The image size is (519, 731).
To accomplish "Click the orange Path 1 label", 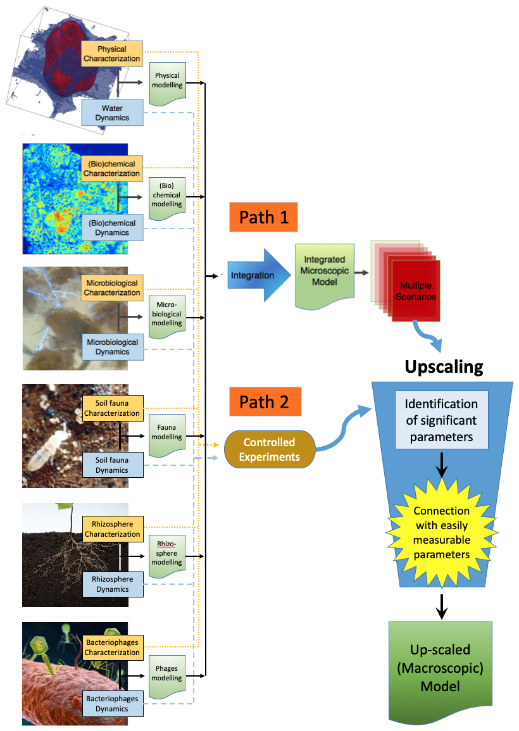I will pyautogui.click(x=264, y=217).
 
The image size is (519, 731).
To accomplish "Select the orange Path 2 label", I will pyautogui.click(x=264, y=402).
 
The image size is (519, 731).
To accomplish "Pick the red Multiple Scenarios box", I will pyautogui.click(x=416, y=291).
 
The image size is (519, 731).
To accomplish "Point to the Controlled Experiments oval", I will pyautogui.click(x=270, y=449).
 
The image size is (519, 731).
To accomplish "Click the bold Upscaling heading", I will pyautogui.click(x=444, y=366).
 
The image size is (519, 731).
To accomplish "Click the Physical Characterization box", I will pyautogui.click(x=112, y=54).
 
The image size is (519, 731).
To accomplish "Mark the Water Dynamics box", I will pyautogui.click(x=112, y=113).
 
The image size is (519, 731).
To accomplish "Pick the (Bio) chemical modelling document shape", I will pyautogui.click(x=166, y=196).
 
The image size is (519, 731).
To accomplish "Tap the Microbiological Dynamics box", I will pyautogui.click(x=112, y=347).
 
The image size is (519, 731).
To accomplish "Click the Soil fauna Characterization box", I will pyautogui.click(x=113, y=409).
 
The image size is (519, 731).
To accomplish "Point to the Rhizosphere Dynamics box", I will pyautogui.click(x=113, y=584).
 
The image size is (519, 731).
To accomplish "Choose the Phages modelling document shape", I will pyautogui.click(x=166, y=675).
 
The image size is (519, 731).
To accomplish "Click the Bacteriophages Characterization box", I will pyautogui.click(x=112, y=648).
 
